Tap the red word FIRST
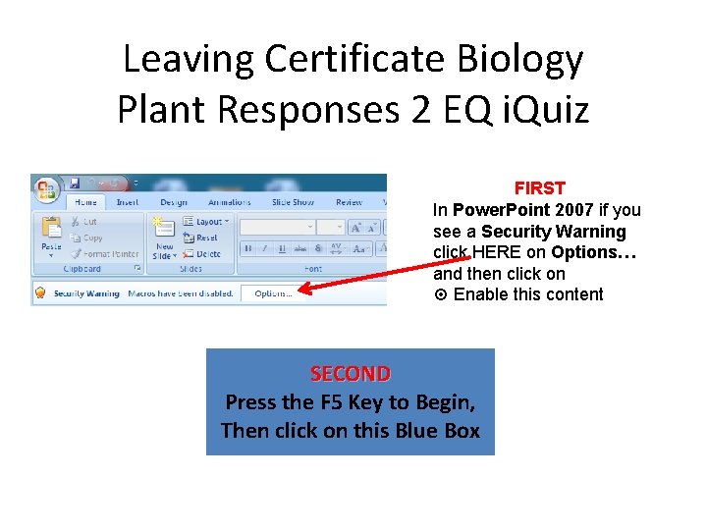pos(540,187)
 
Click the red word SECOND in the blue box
pos(351,374)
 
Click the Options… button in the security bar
pos(272,293)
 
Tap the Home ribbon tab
pos(86,203)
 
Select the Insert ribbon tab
pos(128,203)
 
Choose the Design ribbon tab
pos(173,203)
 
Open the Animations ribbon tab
pos(230,203)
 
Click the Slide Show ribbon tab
pos(293,203)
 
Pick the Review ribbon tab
pos(349,203)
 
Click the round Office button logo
pos(47,187)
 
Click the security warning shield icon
pos(41,293)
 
